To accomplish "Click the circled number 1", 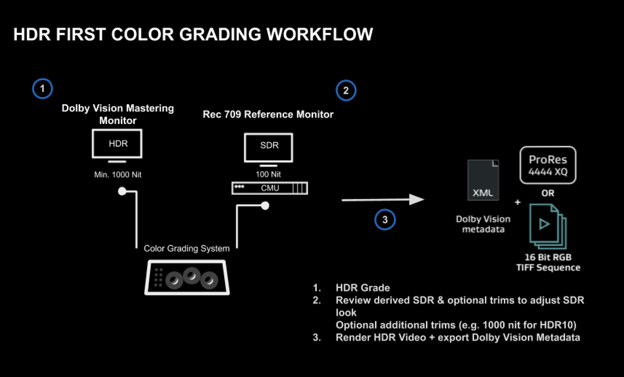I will pyautogui.click(x=42, y=89).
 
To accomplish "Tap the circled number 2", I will pyautogui.click(x=346, y=91).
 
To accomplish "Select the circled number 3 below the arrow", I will pyautogui.click(x=385, y=220).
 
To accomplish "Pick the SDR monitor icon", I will pyautogui.click(x=269, y=147).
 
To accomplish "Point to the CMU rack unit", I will pyautogui.click(x=269, y=188).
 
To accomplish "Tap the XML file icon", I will pyautogui.click(x=484, y=180).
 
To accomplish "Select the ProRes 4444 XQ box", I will pyautogui.click(x=548, y=165).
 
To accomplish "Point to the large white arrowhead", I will pyautogui.click(x=417, y=200).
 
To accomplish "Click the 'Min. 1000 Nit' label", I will pyautogui.click(x=118, y=175).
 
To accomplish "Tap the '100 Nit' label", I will pyautogui.click(x=269, y=174).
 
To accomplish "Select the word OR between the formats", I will pyautogui.click(x=548, y=193).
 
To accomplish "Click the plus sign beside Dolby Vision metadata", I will pyautogui.click(x=517, y=202).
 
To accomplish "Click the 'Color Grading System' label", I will pyautogui.click(x=187, y=248).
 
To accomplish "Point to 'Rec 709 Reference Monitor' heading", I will pyautogui.click(x=268, y=114).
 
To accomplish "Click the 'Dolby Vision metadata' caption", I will pyautogui.click(x=483, y=224).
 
